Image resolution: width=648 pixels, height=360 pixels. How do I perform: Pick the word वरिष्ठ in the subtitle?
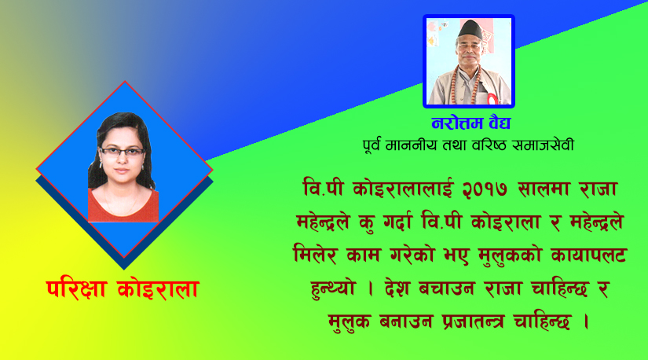pyautogui.click(x=484, y=145)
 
